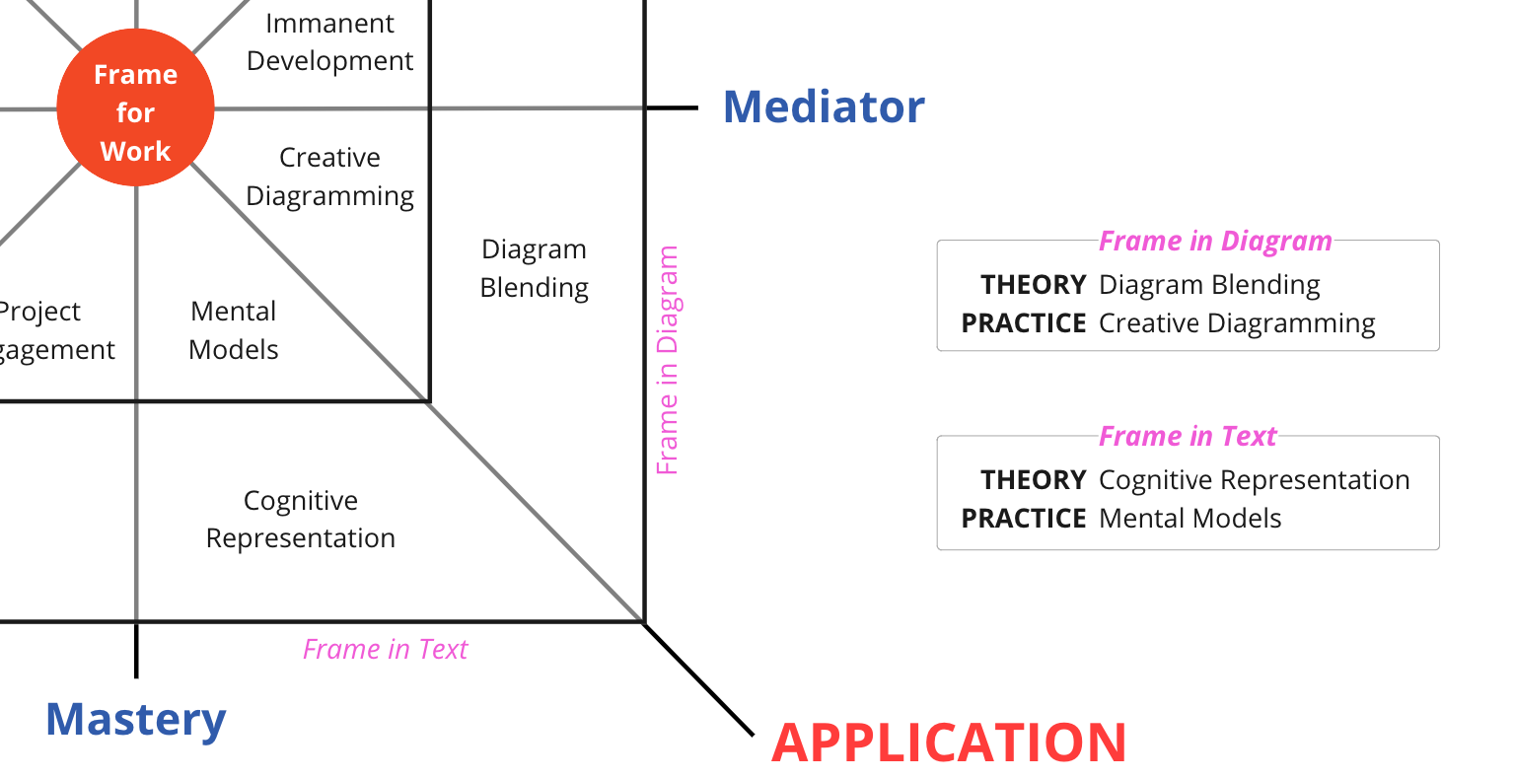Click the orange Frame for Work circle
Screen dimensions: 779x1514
(135, 107)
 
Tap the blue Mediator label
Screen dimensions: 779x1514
(824, 106)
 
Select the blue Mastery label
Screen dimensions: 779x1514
(135, 719)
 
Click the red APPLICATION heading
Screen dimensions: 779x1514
(948, 743)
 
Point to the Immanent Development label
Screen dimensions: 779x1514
(329, 41)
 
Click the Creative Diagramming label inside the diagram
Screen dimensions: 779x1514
(329, 177)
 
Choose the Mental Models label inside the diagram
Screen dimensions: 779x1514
(234, 329)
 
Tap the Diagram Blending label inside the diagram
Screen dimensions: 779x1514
(534, 268)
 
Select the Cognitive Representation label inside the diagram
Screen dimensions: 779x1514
(300, 519)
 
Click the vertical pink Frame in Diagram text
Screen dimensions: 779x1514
(668, 360)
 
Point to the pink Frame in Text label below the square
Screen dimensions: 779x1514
(385, 649)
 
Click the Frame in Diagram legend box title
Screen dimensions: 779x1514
(1214, 241)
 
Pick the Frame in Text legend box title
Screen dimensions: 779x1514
(1187, 436)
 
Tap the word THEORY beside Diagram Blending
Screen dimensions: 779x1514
(1033, 285)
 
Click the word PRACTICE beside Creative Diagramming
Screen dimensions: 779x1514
(1023, 323)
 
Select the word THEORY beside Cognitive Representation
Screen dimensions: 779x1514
(1033, 480)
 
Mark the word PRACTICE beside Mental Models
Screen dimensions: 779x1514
(1023, 519)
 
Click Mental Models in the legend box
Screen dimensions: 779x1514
(1190, 519)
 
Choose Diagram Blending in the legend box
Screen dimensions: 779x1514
(1208, 285)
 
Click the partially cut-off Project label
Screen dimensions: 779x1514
(39, 312)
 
